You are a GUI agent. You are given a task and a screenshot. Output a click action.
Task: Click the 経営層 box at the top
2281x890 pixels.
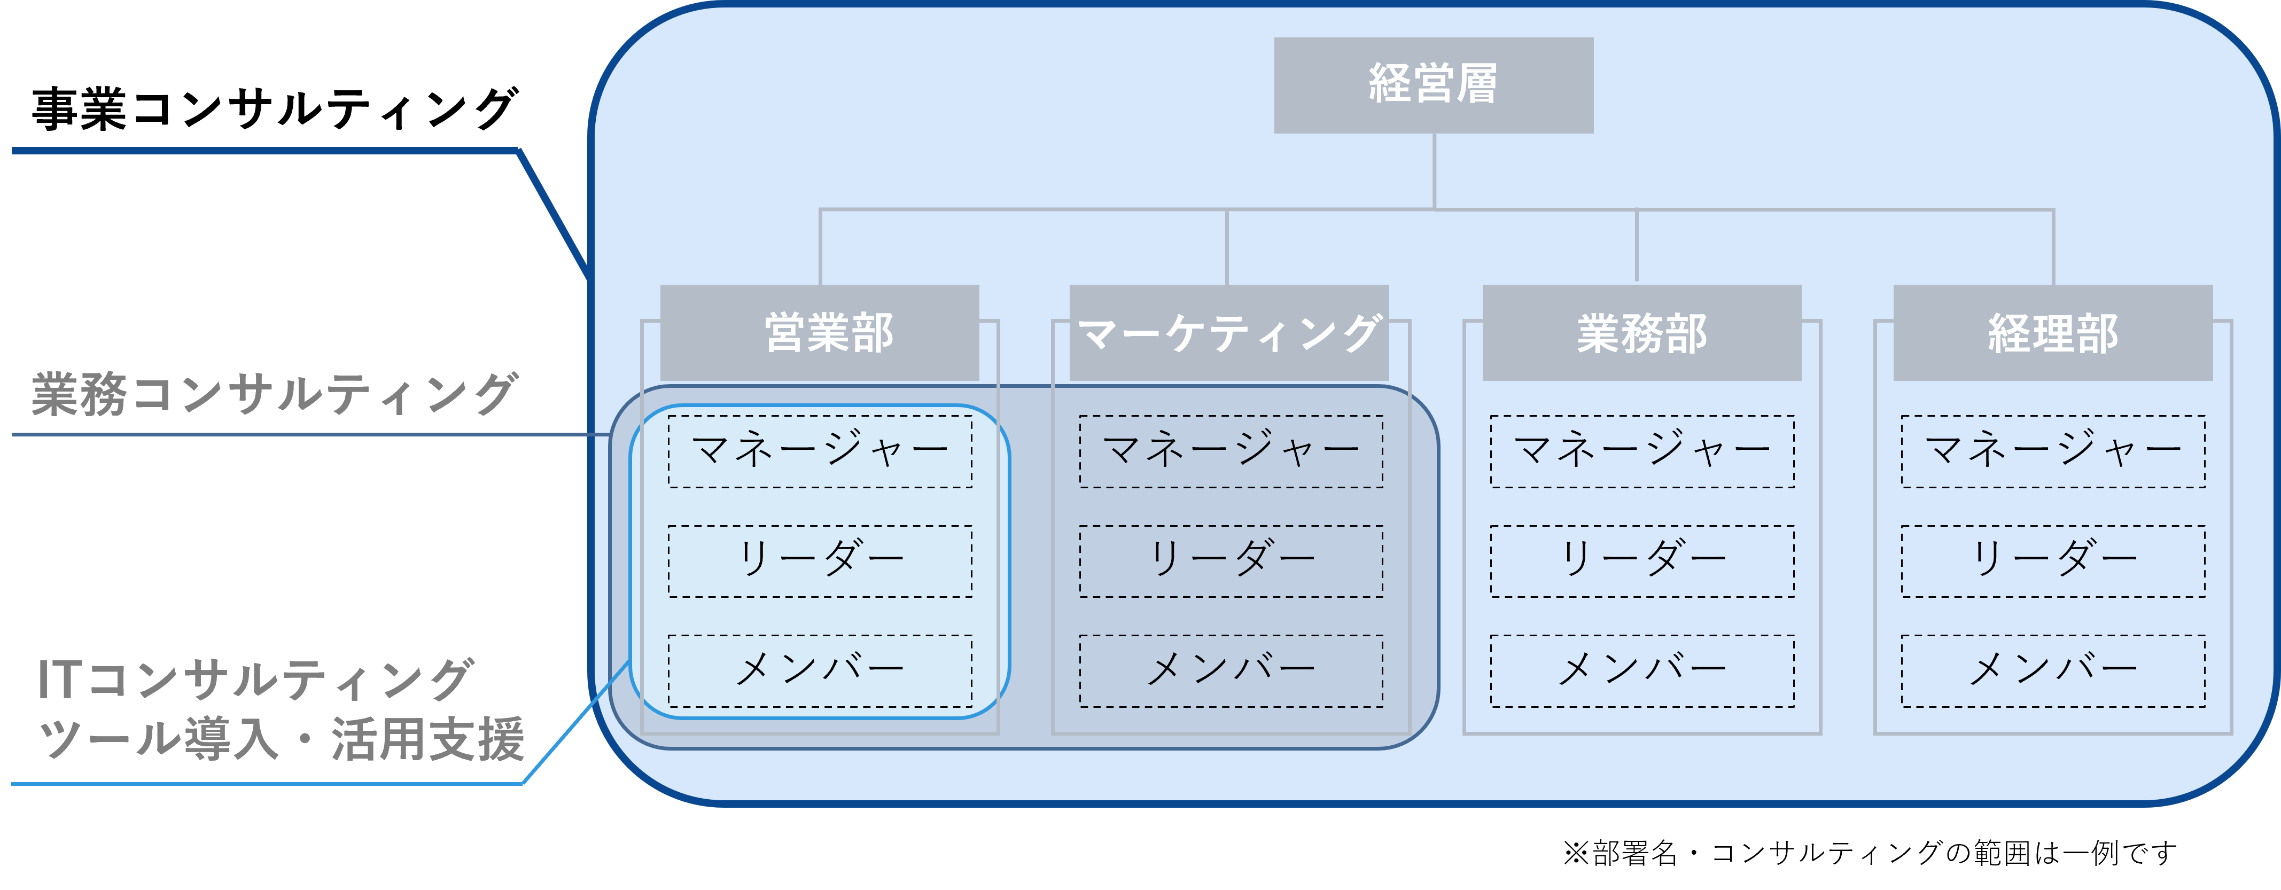click(1434, 85)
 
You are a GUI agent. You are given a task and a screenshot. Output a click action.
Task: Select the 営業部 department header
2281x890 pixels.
click(820, 333)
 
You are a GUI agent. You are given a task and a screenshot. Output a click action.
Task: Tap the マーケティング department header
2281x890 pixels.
click(1229, 333)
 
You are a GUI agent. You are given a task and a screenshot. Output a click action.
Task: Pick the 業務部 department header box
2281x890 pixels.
click(1641, 333)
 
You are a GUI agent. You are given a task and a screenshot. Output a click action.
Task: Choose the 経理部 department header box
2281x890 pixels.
click(2052, 333)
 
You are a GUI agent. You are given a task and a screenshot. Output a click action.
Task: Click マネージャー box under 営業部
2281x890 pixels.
click(820, 451)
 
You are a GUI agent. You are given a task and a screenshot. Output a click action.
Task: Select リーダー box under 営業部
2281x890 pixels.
click(820, 561)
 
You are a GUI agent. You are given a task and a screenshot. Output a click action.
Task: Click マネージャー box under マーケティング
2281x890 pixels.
click(1231, 451)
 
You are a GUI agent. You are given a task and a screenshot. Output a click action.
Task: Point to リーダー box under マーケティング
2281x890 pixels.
click(1231, 561)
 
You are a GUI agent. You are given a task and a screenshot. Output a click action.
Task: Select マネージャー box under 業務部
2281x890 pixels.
click(1642, 451)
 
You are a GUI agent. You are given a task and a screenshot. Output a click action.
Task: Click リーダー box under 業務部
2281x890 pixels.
click(1642, 561)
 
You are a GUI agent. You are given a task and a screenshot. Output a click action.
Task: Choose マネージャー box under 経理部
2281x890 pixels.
click(2053, 451)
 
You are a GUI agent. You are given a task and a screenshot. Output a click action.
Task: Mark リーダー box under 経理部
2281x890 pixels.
click(2053, 561)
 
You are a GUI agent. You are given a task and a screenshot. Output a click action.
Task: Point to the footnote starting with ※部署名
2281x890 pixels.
click(1869, 853)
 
